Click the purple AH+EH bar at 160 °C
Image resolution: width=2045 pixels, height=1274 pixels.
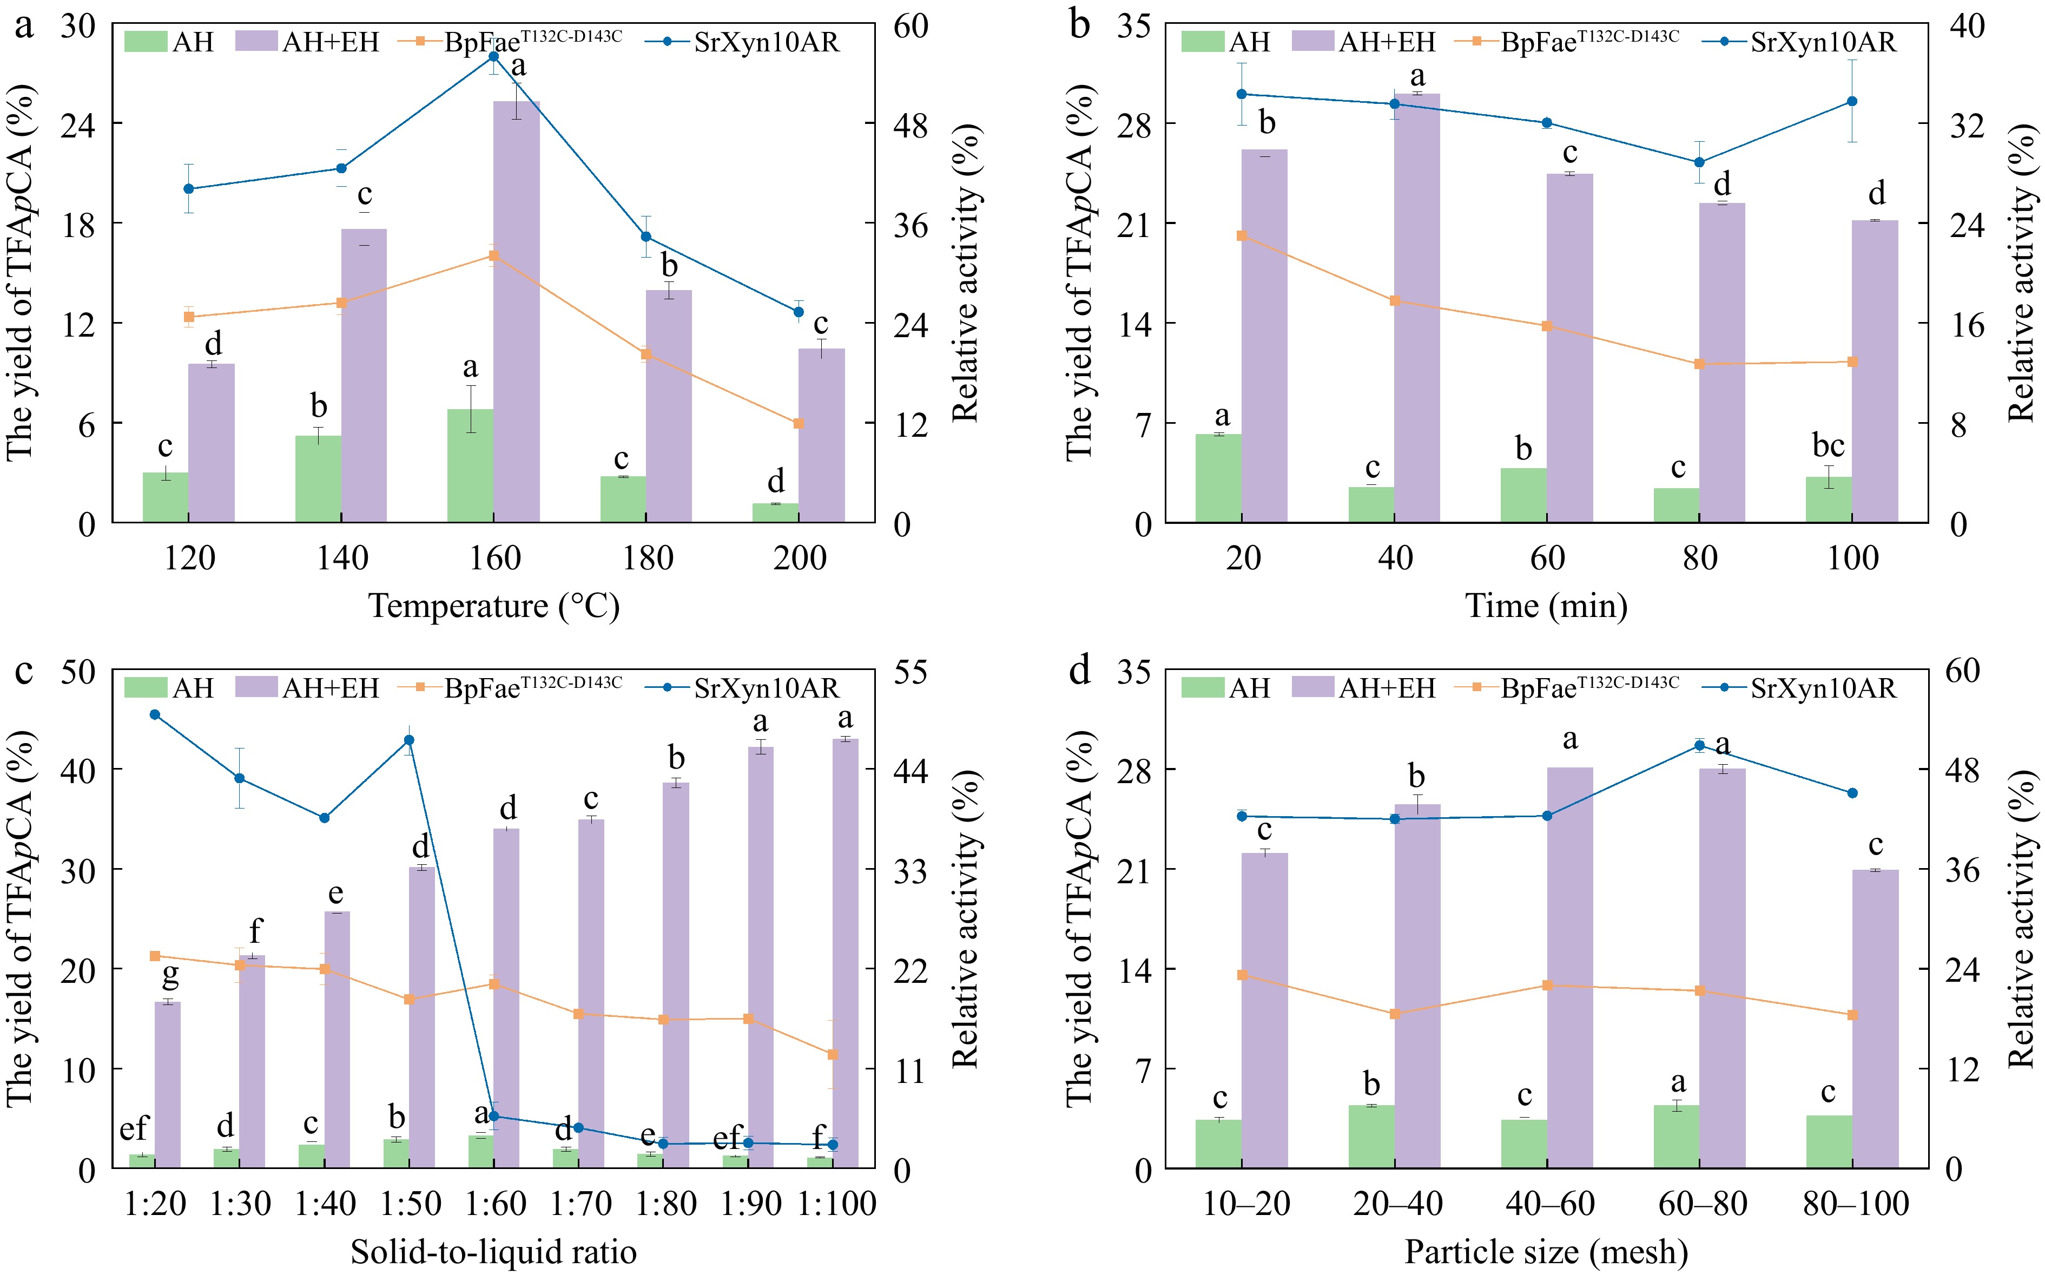click(x=516, y=312)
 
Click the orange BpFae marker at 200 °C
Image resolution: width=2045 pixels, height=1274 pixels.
click(x=799, y=423)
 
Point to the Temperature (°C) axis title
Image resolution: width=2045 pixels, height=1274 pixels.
click(x=494, y=606)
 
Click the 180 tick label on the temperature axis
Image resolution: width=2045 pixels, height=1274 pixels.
click(x=647, y=558)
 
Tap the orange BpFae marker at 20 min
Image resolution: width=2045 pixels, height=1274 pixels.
click(x=1242, y=236)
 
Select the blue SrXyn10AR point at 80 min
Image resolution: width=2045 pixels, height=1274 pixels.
click(x=1699, y=162)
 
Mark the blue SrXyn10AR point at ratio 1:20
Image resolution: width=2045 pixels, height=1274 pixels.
click(x=155, y=714)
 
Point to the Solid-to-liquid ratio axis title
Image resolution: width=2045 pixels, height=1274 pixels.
click(x=494, y=1252)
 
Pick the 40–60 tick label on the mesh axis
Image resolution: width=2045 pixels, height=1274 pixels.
click(x=1548, y=1204)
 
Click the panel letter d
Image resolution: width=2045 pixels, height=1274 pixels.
click(x=1079, y=671)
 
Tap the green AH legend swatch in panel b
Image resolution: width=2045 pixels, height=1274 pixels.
click(x=1202, y=41)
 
